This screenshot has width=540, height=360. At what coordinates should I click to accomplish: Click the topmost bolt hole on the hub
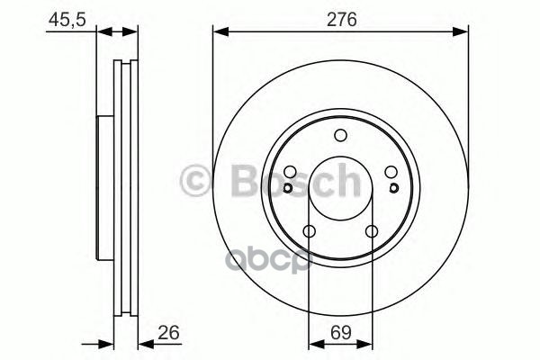pyautogui.click(x=340, y=136)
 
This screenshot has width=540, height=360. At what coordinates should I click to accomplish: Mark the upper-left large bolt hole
pyautogui.click(x=290, y=174)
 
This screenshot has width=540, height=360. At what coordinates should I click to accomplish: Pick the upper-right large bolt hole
pyautogui.click(x=391, y=174)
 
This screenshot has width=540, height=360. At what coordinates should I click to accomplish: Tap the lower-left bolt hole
pyautogui.click(x=309, y=233)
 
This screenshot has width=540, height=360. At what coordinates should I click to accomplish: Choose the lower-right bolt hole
pyautogui.click(x=372, y=233)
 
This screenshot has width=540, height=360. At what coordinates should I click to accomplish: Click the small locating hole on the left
pyautogui.click(x=286, y=188)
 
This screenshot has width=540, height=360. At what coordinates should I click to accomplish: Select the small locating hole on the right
pyautogui.click(x=394, y=188)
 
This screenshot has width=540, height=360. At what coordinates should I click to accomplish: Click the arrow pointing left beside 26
pyautogui.click(x=145, y=342)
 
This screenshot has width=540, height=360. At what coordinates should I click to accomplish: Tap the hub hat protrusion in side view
pyautogui.click(x=100, y=198)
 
